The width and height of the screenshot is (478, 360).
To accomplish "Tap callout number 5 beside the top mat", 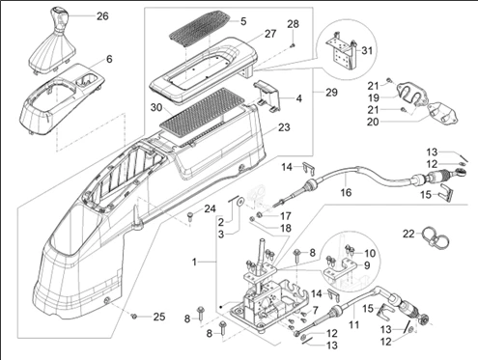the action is pos(243,21).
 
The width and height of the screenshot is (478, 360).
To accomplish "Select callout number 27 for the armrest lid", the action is pos(270,34).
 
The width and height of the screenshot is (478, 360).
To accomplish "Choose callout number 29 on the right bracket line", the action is pos(331,93).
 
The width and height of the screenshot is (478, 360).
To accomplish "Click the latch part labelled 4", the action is pos(268,96).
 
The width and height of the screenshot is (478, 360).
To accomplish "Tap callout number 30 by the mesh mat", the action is pos(156,107).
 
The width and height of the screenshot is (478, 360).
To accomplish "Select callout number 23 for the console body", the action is pos(284,127).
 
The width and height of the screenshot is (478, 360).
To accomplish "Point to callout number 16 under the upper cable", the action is pos(346,193).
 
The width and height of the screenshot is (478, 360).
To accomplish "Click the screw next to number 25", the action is pos(134,317).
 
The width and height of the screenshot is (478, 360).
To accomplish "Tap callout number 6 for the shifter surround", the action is pos(109,59).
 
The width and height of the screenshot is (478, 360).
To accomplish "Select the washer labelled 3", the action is pos(239,203).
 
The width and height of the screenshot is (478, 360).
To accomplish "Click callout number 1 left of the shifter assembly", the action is pos(194,263).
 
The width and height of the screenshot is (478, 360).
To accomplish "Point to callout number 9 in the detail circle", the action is pos(367,265).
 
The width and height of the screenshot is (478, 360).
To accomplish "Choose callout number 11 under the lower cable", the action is pos(353,324).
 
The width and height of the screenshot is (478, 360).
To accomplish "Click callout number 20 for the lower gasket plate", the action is pos(373,123).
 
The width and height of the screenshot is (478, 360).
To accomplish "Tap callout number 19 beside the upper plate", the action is pos(374,97).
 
